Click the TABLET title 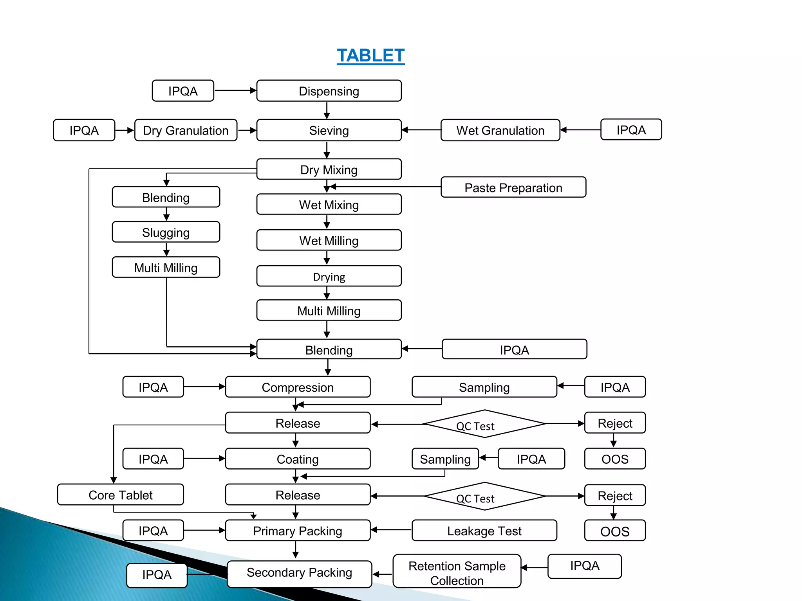point(370,56)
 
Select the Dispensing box point(329,91)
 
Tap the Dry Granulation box point(186,130)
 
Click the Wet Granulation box point(500,130)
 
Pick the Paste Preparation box point(513,187)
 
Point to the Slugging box point(166,232)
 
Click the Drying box point(329,276)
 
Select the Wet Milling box point(329,240)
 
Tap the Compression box point(298,387)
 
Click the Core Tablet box point(120,495)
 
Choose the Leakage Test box point(484,531)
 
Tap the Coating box point(298,459)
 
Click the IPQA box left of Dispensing point(183,91)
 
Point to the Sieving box point(329,130)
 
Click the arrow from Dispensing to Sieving point(327,110)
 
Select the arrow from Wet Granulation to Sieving point(421,130)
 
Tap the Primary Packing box point(298,531)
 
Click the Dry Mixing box point(329,169)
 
